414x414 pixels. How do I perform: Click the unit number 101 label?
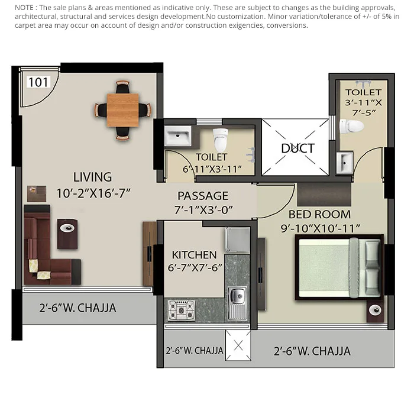(x=38, y=82)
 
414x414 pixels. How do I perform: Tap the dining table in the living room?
(x=123, y=110)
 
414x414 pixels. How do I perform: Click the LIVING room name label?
(x=92, y=177)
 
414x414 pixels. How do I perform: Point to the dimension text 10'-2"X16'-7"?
(x=93, y=192)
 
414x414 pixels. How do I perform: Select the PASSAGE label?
(x=203, y=196)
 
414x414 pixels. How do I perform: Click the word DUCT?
(x=297, y=148)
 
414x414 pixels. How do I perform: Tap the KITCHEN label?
(x=194, y=255)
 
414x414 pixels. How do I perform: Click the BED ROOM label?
(x=319, y=214)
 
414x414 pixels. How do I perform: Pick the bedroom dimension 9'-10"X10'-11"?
(x=324, y=227)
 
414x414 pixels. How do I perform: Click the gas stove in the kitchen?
(x=180, y=308)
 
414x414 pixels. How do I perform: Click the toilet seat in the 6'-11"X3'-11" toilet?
(x=220, y=139)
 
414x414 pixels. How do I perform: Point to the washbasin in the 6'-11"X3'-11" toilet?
(x=177, y=137)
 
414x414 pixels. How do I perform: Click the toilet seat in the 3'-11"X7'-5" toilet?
(x=353, y=125)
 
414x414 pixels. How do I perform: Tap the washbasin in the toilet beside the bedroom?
(x=345, y=161)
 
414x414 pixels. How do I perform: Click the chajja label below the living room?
(x=77, y=308)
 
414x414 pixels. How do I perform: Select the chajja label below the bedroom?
(x=312, y=351)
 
